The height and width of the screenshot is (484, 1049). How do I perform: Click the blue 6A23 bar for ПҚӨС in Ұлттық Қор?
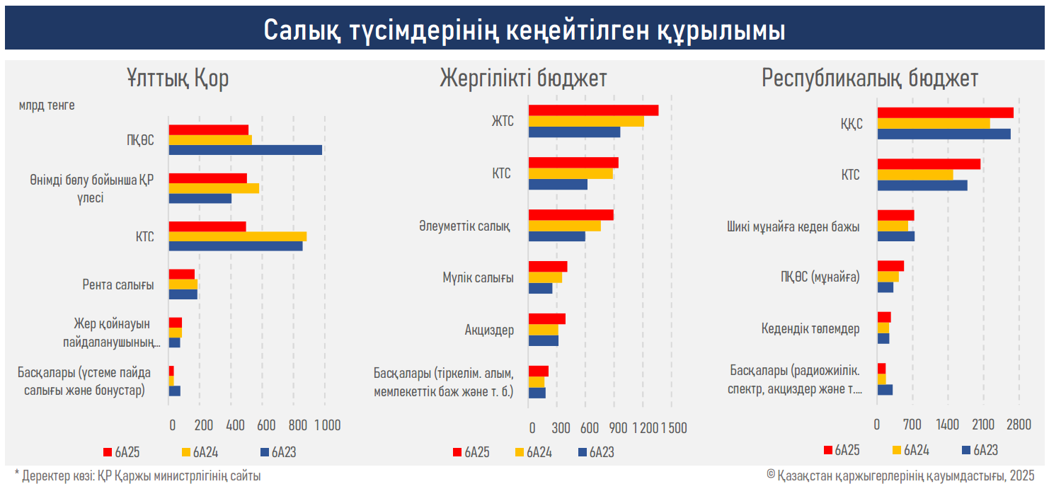[x=245, y=150]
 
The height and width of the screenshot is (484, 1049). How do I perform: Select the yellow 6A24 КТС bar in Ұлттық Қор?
[x=237, y=236]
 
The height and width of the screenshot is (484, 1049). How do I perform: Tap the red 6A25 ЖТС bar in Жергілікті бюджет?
[x=593, y=110]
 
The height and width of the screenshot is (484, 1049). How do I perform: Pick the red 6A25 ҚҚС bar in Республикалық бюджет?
[x=945, y=113]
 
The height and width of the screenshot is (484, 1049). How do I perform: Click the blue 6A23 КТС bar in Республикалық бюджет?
[x=922, y=185]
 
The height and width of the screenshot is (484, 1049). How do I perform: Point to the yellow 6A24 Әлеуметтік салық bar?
[x=564, y=226]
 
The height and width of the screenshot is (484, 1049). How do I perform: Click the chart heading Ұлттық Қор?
[x=178, y=79]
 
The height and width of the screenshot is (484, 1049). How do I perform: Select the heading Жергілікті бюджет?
[x=523, y=79]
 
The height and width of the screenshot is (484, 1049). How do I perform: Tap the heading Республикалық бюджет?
[x=870, y=79]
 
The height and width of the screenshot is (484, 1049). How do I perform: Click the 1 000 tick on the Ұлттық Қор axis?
[x=327, y=425]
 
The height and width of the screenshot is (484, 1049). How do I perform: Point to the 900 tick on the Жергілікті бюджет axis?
[x=618, y=428]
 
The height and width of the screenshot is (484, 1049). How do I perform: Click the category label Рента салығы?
[x=118, y=284]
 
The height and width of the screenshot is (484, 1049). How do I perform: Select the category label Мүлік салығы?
[x=474, y=278]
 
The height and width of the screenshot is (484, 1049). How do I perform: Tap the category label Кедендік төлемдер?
[x=810, y=329]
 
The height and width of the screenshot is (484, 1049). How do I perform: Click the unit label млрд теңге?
[x=47, y=105]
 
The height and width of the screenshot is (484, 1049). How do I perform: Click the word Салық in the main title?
[x=303, y=31]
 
